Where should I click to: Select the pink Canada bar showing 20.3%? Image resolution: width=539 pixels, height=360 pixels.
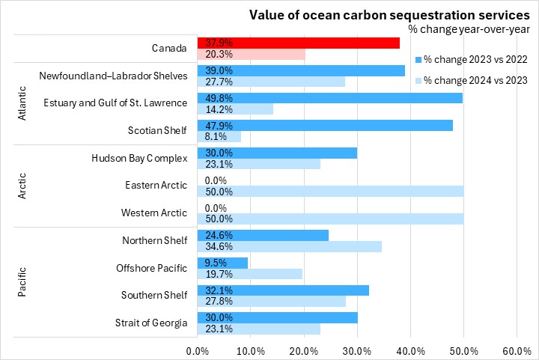click(251, 54)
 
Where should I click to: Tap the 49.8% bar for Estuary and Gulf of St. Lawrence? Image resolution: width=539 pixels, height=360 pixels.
click(329, 97)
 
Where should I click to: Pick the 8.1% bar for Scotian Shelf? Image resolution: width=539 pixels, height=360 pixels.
click(219, 136)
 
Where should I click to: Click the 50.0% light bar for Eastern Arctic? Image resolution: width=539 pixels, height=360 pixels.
click(329, 191)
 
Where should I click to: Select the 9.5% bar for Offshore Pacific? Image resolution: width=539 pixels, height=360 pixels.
click(222, 263)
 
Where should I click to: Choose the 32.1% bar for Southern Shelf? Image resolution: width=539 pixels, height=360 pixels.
click(283, 290)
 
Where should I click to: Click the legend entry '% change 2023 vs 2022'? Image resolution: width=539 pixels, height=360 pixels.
click(472, 59)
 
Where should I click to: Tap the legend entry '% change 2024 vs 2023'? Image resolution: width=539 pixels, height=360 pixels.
click(472, 80)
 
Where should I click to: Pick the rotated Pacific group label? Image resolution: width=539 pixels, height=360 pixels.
click(22, 281)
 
